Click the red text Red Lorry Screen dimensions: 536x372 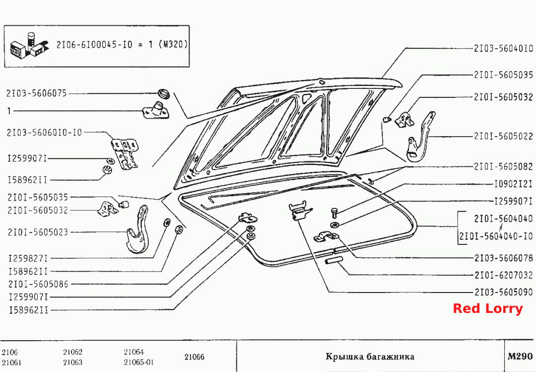(x=488, y=309)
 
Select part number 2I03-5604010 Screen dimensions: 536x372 (x=503, y=49)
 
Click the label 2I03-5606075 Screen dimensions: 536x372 (x=36, y=93)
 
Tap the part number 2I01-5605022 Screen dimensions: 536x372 (x=503, y=136)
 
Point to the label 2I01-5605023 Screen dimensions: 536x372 (x=38, y=232)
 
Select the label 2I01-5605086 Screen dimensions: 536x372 (x=38, y=284)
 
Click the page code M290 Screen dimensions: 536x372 (x=520, y=357)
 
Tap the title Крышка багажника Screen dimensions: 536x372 (x=370, y=357)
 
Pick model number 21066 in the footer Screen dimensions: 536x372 (x=195, y=357)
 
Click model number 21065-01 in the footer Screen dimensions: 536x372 (x=138, y=363)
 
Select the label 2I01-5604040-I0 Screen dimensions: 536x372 (x=496, y=236)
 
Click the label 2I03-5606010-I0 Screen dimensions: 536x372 (x=45, y=133)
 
